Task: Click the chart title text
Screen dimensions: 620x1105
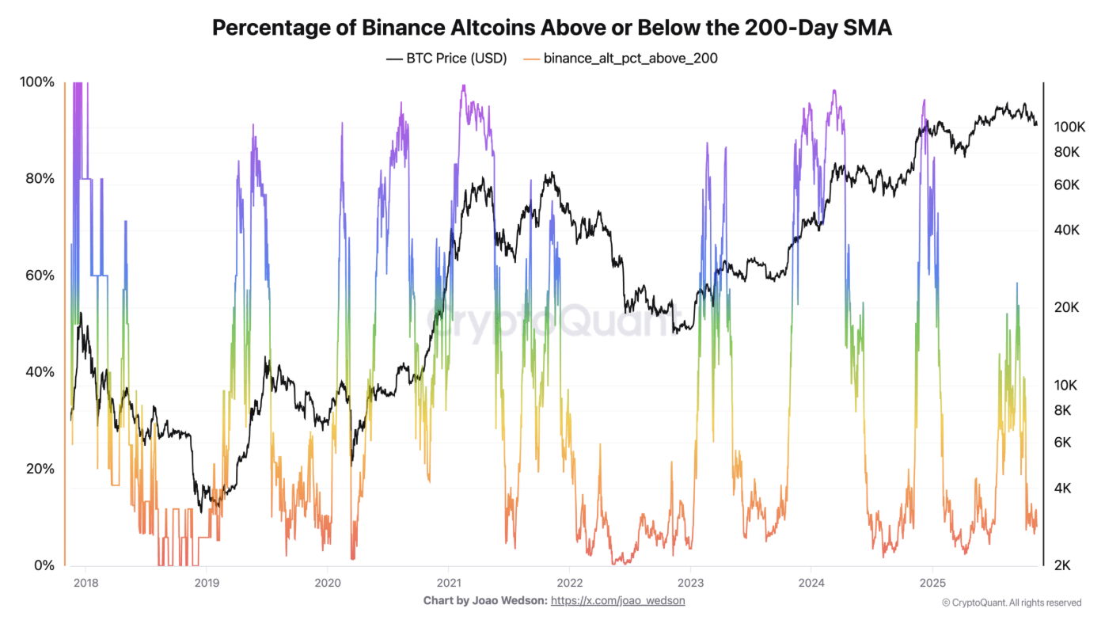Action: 552,28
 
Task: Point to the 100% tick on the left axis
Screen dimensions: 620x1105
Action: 37,82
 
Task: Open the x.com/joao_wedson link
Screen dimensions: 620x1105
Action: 617,601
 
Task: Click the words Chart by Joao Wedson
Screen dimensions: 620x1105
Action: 484,601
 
